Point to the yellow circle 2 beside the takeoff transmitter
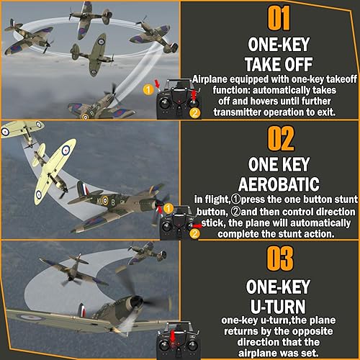pyautogui.click(x=193, y=112)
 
